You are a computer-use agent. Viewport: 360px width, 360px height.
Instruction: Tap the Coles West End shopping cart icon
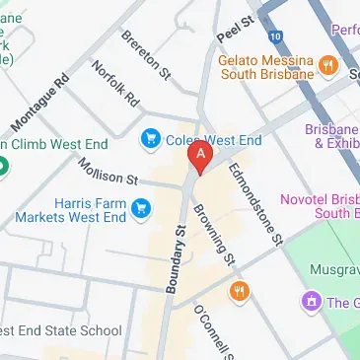151,137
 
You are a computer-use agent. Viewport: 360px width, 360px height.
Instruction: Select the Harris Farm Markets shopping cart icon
142,208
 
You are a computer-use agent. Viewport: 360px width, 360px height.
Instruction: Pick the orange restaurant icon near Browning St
238,290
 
